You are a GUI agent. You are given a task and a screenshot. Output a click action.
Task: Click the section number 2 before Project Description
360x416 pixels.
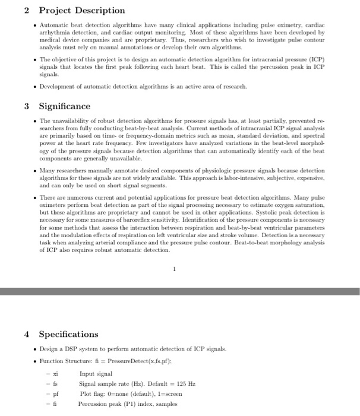point(27,11)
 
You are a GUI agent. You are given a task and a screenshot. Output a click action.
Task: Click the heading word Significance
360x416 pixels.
point(64,106)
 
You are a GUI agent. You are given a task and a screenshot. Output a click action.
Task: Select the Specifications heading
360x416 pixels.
point(68,335)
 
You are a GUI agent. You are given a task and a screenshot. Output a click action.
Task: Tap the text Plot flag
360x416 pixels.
point(94,394)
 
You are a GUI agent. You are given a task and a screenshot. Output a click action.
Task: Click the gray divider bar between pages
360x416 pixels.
point(180,291)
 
